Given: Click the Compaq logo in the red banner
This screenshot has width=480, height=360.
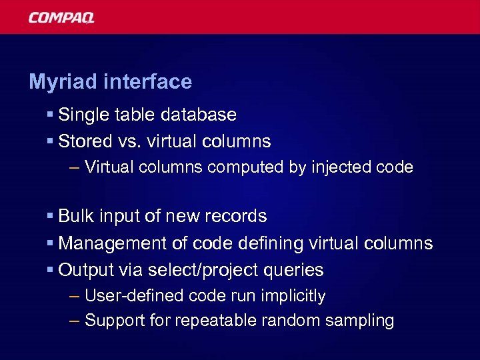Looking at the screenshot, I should pos(61,17).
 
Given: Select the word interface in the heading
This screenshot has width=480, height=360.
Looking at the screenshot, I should pos(147,82).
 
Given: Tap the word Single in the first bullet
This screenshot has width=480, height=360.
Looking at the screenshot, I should pos(81,115).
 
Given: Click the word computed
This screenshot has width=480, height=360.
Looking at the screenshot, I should pos(246,167).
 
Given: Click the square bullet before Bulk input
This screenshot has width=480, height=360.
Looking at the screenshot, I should pos(50,217).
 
